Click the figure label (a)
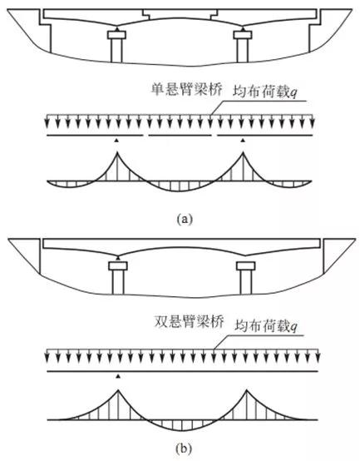pyautogui.click(x=185, y=220)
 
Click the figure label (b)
pyautogui.click(x=184, y=449)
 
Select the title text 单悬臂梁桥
pyautogui.click(x=187, y=89)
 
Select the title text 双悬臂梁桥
pyautogui.click(x=189, y=322)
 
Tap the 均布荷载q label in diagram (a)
pyautogui.click(x=265, y=92)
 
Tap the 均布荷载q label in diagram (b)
pyautogui.click(x=267, y=326)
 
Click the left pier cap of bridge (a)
pyautogui.click(x=116, y=35)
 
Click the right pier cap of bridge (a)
pyautogui.click(x=243, y=35)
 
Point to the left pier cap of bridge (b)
pyautogui.click(x=118, y=266)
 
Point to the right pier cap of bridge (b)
pyautogui.click(x=246, y=266)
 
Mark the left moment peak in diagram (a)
pyautogui.click(x=117, y=152)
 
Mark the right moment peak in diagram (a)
pyautogui.click(x=243, y=152)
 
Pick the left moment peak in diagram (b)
pyautogui.click(x=118, y=390)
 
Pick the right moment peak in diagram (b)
pyautogui.click(x=247, y=390)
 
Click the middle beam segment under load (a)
pyautogui.click(x=180, y=136)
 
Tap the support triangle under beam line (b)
pyautogui.click(x=118, y=376)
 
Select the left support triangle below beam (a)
pyautogui.click(x=117, y=141)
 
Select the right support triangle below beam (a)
pyautogui.click(x=243, y=141)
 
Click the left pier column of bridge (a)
pyautogui.click(x=116, y=50)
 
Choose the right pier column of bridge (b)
pyautogui.click(x=246, y=282)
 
